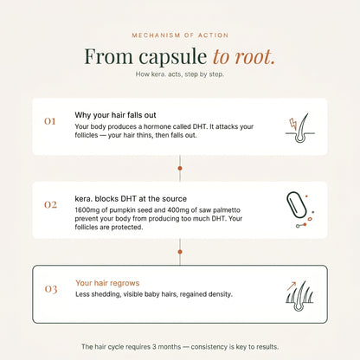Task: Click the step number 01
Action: coord(50,121)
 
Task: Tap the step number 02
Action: coord(50,205)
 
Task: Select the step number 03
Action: coord(51,289)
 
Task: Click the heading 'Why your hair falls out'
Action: coord(115,115)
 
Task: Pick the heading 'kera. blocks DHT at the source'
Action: coord(131,199)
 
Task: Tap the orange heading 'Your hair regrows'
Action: coord(107,283)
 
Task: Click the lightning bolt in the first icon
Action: coord(293,124)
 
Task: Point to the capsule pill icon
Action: coord(296,205)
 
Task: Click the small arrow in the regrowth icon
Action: coord(292,286)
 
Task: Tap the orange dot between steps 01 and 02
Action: coord(180,168)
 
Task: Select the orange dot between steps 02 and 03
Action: coord(180,252)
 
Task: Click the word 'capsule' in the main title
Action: coord(173,57)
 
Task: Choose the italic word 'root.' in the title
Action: coord(254,56)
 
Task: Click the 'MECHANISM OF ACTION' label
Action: coord(180,35)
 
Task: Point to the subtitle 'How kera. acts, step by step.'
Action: coord(180,74)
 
